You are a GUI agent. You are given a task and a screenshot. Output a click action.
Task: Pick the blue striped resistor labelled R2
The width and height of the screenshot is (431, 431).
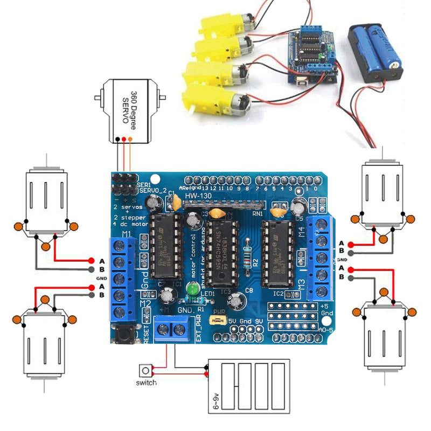click(247, 255)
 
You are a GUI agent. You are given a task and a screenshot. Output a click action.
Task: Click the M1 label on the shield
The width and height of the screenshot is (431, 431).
click(127, 234)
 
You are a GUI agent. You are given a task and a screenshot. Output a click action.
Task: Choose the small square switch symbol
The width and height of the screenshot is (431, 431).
click(145, 371)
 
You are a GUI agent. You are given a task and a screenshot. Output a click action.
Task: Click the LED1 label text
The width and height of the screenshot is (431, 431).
click(207, 293)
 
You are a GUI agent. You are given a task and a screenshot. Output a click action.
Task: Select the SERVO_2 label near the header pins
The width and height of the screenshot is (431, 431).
click(150, 190)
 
